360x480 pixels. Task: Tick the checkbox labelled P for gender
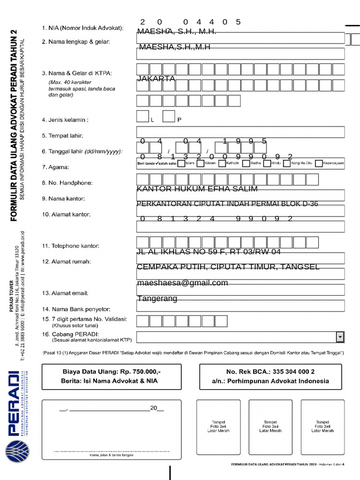(x=169, y=117)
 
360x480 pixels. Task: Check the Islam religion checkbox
(x=180, y=164)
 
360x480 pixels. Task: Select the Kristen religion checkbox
(x=201, y=164)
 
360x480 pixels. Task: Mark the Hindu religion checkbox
(x=267, y=164)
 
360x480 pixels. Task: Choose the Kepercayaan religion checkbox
(x=319, y=164)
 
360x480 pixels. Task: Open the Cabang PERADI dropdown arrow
(x=339, y=337)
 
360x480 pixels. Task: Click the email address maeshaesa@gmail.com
(x=182, y=283)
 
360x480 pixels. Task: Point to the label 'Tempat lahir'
(x=62, y=136)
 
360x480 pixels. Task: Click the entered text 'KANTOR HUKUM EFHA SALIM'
(x=197, y=189)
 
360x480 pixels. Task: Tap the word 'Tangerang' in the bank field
(x=157, y=299)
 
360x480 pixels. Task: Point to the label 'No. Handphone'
(x=67, y=183)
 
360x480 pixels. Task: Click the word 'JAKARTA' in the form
(x=156, y=79)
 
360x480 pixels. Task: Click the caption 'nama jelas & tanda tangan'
(x=112, y=455)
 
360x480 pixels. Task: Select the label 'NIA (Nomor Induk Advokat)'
(x=82, y=28)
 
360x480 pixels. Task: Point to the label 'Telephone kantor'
(x=70, y=246)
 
